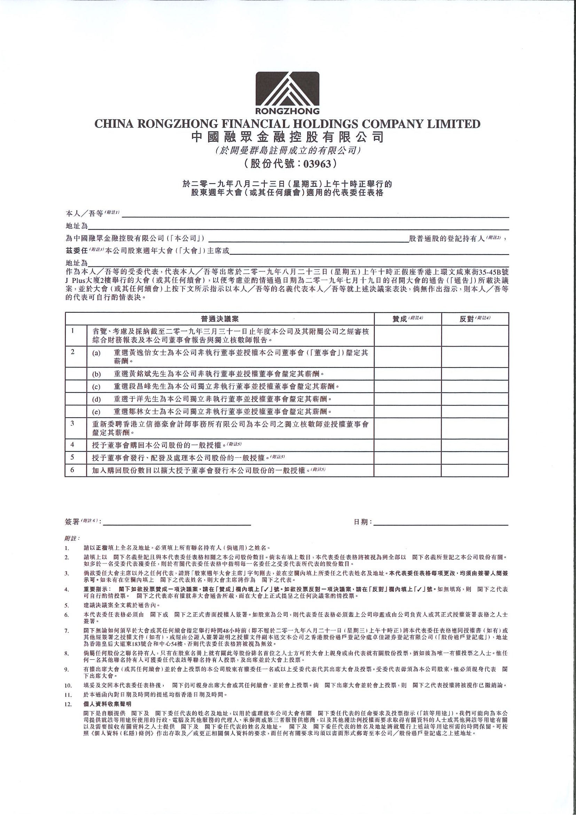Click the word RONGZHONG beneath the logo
287,111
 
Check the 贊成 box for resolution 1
408,336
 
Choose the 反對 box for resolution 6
475,471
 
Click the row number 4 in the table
72,444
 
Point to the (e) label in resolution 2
96,412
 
